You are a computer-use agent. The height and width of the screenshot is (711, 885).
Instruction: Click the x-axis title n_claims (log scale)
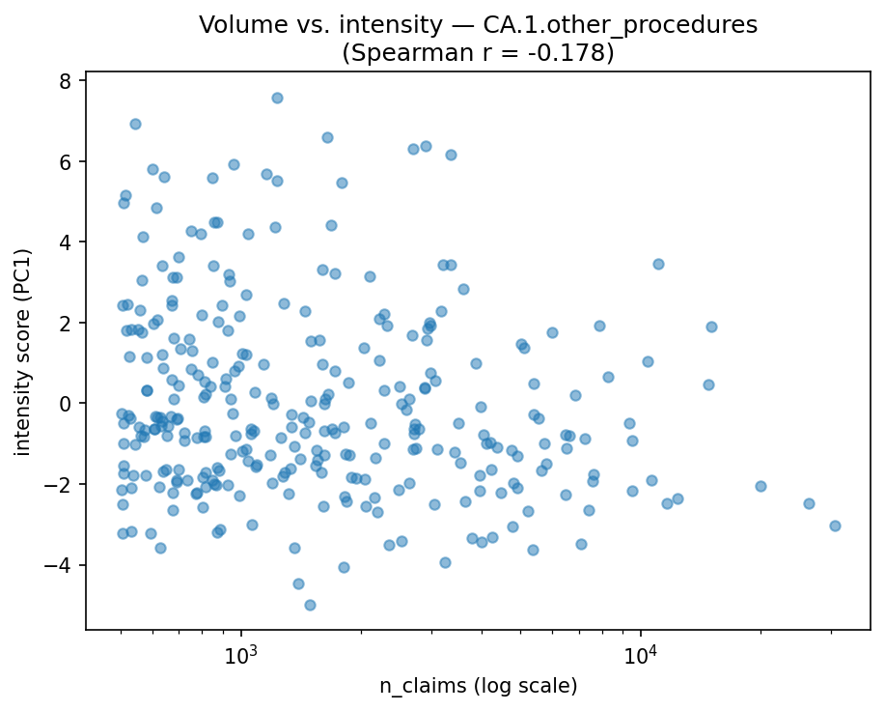click(478, 687)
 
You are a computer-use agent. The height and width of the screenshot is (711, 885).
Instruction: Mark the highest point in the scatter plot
click(277, 98)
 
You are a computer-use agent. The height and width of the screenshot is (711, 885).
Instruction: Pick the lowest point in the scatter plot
click(310, 605)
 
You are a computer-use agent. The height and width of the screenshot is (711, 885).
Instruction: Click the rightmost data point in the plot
click(835, 526)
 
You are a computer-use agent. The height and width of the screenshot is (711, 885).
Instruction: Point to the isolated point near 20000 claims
click(761, 486)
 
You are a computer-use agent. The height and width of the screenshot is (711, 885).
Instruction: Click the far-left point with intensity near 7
click(135, 124)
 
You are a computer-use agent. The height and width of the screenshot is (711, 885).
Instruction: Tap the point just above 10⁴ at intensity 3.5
click(658, 264)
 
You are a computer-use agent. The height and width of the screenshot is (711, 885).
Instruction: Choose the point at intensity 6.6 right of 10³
click(327, 137)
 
